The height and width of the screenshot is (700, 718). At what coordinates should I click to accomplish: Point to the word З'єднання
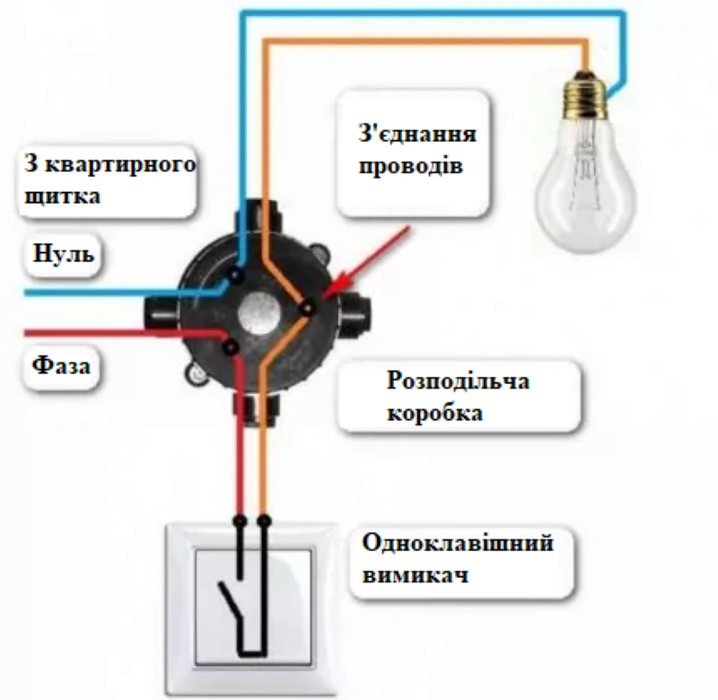(416, 135)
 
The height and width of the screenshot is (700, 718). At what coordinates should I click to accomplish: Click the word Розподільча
(459, 381)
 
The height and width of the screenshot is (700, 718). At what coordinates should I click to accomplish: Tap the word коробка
(435, 413)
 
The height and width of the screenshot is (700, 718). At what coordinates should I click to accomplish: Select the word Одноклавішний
(458, 545)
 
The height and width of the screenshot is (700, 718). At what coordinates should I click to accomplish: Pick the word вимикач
(416, 575)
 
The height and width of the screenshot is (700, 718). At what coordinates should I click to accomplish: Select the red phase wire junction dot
(231, 346)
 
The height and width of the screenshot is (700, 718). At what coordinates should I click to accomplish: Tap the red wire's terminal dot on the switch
(240, 521)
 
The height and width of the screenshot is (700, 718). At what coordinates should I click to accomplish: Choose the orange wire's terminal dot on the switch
(262, 521)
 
